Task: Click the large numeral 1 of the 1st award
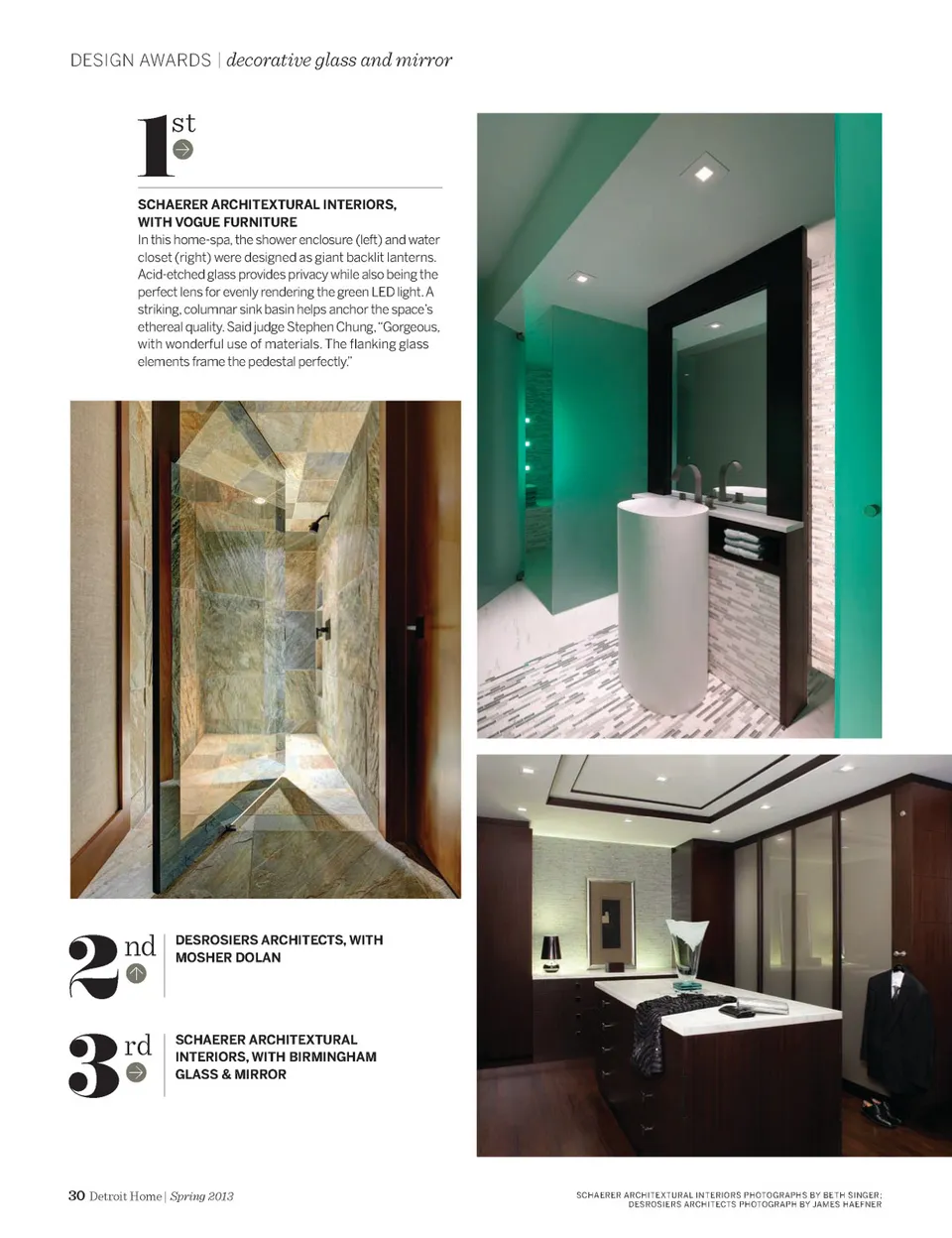[x=153, y=147]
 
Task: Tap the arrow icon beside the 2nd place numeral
[x=137, y=973]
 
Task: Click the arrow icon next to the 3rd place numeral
[x=137, y=1072]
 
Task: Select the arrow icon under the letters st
[x=182, y=150]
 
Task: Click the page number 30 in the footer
[x=76, y=1195]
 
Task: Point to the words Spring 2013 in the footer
[x=201, y=1196]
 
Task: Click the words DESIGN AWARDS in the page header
[x=140, y=61]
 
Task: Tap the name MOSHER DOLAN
[x=227, y=957]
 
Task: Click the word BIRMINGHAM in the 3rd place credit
[x=332, y=1056]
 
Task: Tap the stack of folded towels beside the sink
[x=742, y=544]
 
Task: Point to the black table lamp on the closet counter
[x=551, y=953]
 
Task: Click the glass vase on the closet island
[x=688, y=950]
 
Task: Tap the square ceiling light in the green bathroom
[x=703, y=174]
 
